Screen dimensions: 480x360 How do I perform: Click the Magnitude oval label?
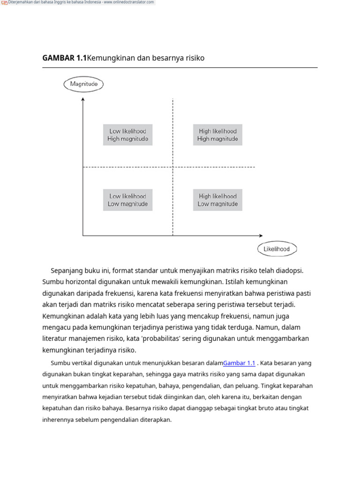[x=83, y=84]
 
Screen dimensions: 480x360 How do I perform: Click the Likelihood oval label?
[x=277, y=249]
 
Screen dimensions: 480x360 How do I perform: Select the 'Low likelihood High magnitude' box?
[x=127, y=135]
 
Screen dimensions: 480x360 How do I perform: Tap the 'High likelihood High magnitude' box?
[x=217, y=135]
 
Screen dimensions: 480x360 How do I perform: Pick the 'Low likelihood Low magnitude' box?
[x=127, y=200]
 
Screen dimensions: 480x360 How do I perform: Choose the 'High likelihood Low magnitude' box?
[x=217, y=200]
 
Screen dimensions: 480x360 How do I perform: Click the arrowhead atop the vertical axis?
[x=83, y=99]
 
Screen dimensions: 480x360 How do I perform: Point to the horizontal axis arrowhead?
[x=261, y=235]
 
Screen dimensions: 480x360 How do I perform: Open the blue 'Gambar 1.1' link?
[x=239, y=363]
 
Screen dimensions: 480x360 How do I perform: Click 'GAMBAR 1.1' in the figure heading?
[x=64, y=58]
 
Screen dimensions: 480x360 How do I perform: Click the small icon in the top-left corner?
[x=4, y=2]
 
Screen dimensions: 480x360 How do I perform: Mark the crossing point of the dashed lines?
[x=173, y=167]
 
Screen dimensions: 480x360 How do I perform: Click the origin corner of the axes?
[x=83, y=235]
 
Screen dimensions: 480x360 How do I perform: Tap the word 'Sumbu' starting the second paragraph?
[x=60, y=363]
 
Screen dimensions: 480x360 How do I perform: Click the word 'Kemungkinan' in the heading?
[x=111, y=58]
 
